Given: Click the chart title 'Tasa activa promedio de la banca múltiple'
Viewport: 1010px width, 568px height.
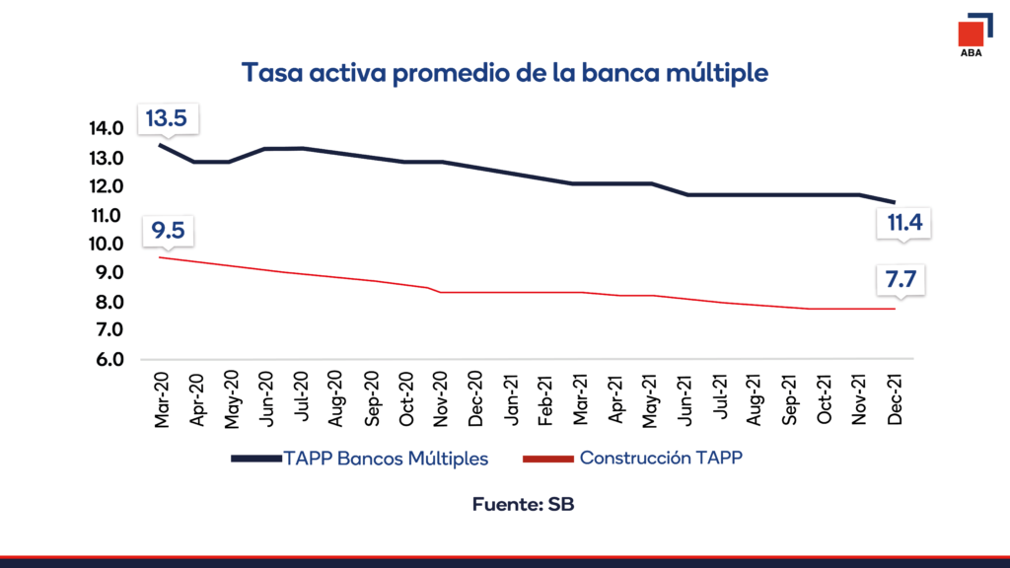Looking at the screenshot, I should (x=505, y=73).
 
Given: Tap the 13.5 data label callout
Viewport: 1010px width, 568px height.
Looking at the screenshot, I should (x=166, y=119).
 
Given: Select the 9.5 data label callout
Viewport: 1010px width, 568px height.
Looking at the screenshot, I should (x=166, y=233).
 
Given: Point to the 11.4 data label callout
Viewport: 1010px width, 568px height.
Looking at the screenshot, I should (x=903, y=223).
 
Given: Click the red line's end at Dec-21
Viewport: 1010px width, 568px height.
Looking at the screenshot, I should (x=895, y=309).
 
